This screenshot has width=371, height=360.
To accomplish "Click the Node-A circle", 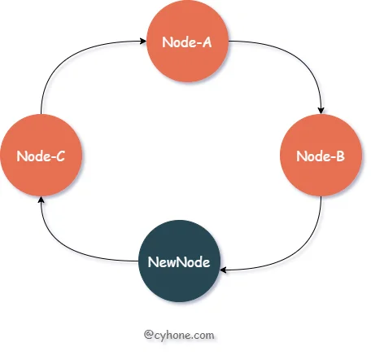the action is click(x=187, y=42).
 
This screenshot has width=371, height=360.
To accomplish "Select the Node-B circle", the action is click(x=321, y=155).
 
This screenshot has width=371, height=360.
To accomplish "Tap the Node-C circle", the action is click(x=41, y=155).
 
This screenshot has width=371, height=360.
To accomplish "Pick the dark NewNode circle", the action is click(x=179, y=261).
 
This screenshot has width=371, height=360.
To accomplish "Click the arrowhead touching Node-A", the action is click(x=143, y=42).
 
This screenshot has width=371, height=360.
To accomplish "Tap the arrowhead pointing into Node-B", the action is click(x=321, y=111).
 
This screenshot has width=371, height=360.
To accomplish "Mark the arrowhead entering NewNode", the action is click(x=224, y=270).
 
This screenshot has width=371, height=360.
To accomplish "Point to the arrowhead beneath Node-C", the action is click(x=41, y=200).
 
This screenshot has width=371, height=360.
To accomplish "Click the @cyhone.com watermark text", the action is click(x=179, y=335).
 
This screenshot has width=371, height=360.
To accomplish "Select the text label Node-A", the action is click(x=187, y=42).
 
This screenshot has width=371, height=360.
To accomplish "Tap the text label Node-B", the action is click(x=321, y=156).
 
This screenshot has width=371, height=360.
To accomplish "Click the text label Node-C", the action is click(x=41, y=156).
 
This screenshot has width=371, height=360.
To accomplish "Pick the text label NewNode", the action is click(x=179, y=262).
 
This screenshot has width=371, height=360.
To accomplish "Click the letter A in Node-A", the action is click(x=207, y=42).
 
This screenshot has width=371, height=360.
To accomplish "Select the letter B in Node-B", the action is click(x=340, y=156).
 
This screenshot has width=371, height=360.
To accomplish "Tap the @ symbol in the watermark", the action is click(x=149, y=335).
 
